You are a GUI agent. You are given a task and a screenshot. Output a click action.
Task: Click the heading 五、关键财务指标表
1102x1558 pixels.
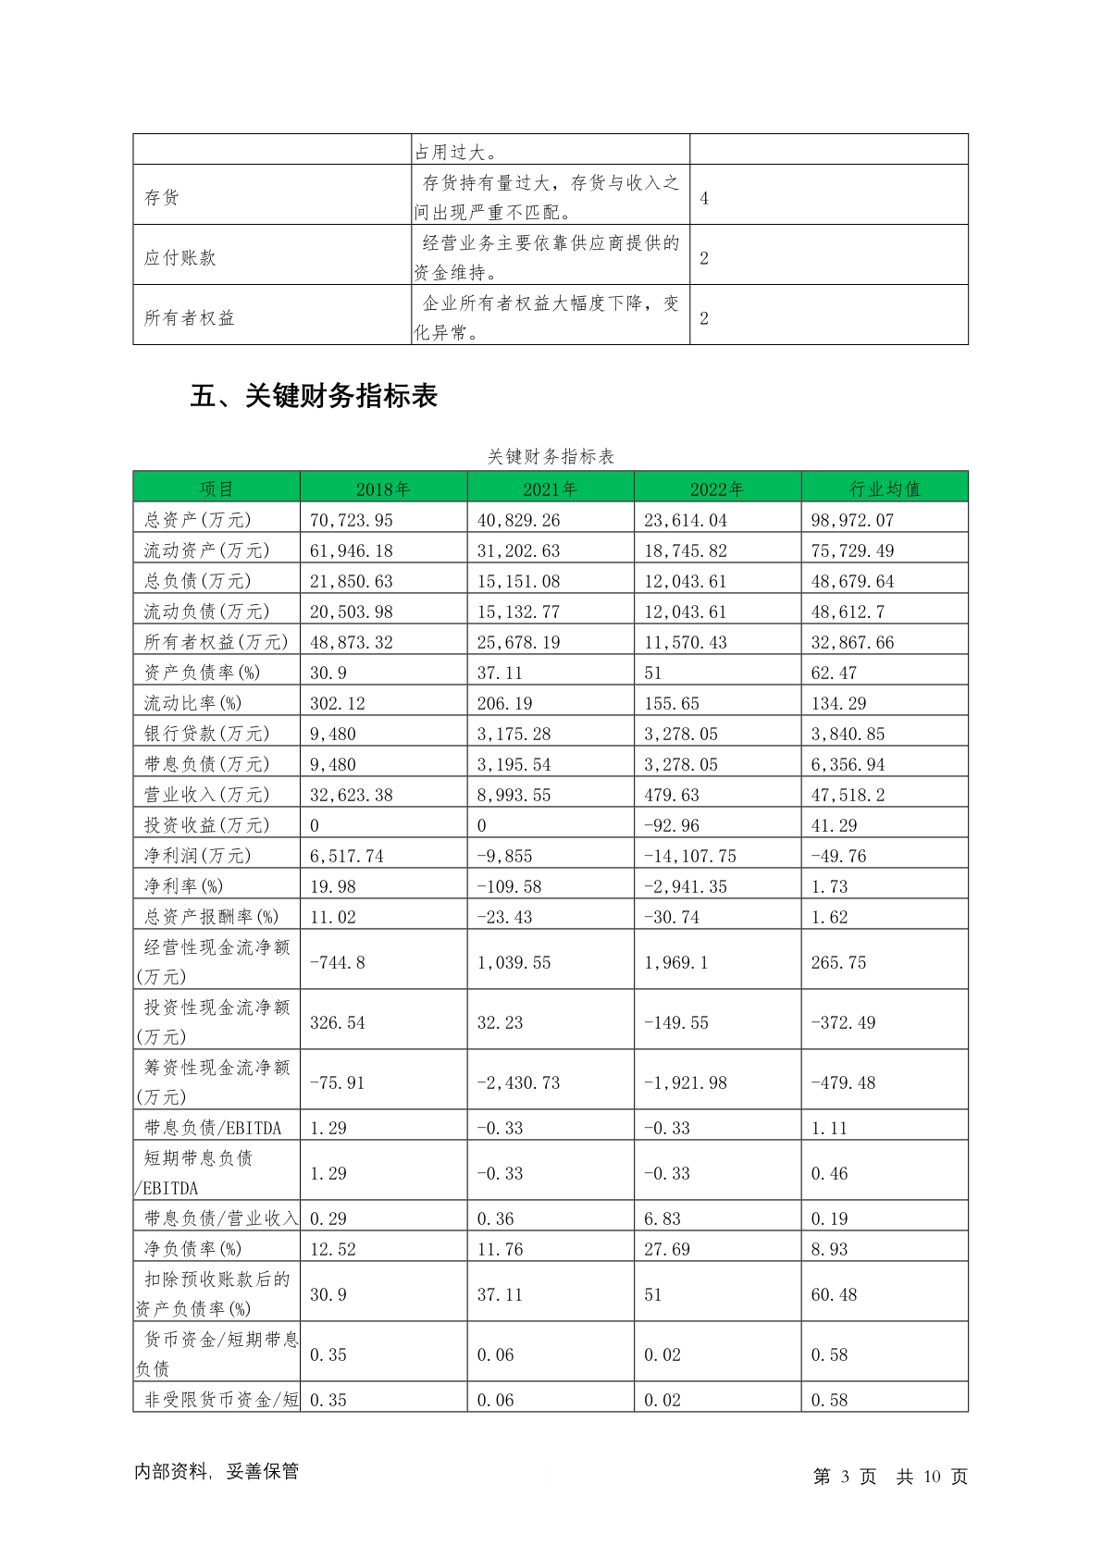[314, 396]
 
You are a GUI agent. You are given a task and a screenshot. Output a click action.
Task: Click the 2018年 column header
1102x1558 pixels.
[383, 489]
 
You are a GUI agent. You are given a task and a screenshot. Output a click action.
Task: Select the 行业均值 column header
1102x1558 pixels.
[885, 489]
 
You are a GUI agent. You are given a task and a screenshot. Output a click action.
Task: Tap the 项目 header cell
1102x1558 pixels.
[217, 489]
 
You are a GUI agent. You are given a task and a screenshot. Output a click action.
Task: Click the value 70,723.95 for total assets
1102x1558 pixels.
[352, 520]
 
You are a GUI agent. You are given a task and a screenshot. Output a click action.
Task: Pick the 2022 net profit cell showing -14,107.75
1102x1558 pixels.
[690, 856]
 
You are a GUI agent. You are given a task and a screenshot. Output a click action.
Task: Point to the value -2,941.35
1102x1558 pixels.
[686, 886]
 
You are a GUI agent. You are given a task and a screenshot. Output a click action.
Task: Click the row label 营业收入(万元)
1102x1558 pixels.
[206, 795]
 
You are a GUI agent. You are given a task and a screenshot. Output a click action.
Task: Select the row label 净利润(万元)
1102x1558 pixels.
[197, 856]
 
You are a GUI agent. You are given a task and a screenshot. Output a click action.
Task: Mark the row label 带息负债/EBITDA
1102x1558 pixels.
[212, 1128]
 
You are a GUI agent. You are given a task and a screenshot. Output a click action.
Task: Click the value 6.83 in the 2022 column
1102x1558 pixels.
[662, 1218]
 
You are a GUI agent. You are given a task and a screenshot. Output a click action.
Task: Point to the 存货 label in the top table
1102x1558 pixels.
[162, 197]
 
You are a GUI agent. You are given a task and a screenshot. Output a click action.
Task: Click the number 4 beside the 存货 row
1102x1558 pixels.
[704, 198]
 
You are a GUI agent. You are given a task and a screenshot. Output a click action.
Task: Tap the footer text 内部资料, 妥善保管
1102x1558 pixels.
[217, 1471]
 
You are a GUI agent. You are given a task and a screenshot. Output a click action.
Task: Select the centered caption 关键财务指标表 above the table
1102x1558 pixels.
[551, 456]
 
